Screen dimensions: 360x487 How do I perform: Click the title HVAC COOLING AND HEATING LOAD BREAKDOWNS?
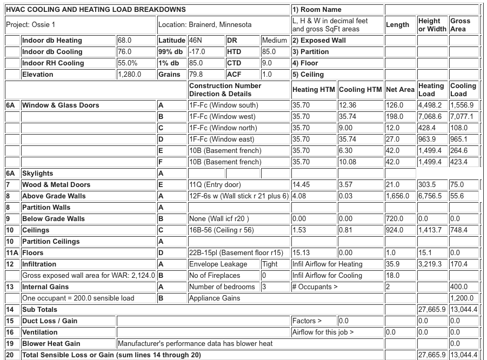tap(96, 9)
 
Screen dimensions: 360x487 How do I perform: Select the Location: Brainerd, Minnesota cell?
tap(205, 25)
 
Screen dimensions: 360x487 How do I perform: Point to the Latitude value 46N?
tap(195, 41)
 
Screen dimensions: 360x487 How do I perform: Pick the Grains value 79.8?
tap(196, 75)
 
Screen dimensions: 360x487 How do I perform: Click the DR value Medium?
tap(274, 41)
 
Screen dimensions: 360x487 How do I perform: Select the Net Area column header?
tap(399, 90)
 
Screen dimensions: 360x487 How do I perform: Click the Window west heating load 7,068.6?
tap(430, 117)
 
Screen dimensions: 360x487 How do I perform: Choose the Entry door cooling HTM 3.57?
tap(345, 185)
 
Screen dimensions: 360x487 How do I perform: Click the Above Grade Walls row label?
tap(54, 196)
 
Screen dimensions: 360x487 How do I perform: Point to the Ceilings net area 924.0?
tap(394, 230)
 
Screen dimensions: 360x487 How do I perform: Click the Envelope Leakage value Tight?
tap(270, 264)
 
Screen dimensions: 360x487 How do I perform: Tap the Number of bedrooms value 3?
tap(264, 287)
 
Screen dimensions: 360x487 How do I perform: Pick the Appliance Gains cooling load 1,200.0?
tap(462, 298)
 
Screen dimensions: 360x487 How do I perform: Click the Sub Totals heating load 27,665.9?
tap(431, 310)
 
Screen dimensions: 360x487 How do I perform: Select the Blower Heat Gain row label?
tap(51, 344)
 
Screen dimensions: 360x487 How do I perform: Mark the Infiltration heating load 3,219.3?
tap(430, 264)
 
